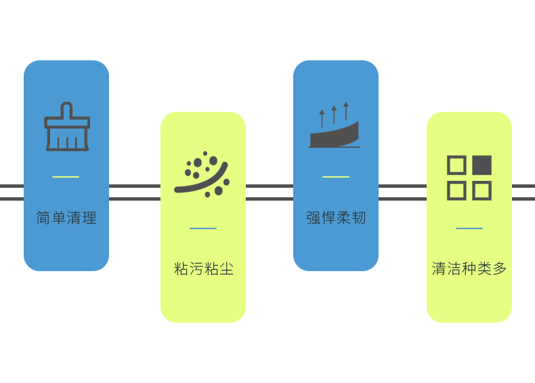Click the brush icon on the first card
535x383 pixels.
(x=66, y=127)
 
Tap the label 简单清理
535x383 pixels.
(x=66, y=218)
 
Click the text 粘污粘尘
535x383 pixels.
(x=204, y=269)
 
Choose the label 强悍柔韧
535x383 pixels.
(x=336, y=218)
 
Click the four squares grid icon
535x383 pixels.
(x=469, y=178)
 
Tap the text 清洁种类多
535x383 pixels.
(x=469, y=269)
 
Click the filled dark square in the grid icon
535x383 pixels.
(x=482, y=165)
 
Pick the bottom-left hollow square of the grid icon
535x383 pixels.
(x=456, y=190)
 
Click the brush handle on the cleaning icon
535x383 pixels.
(x=66, y=110)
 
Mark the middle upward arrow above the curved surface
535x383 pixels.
(x=334, y=115)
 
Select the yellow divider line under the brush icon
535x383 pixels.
(x=66, y=177)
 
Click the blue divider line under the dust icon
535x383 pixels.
(x=203, y=228)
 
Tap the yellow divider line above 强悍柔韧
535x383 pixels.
(x=336, y=177)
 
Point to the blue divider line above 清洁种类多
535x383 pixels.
(x=469, y=228)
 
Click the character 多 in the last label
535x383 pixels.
(x=500, y=269)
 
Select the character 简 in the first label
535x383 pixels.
(x=43, y=218)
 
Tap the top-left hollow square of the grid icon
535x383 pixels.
(x=456, y=165)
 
